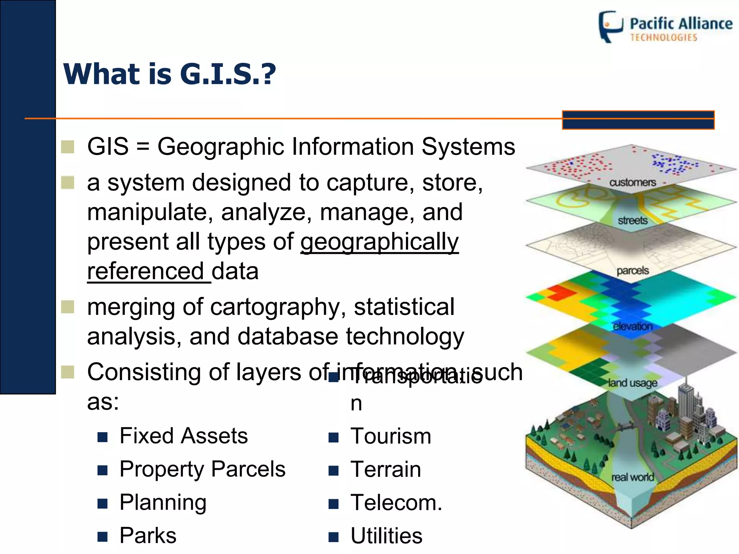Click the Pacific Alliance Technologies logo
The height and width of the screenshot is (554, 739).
665,27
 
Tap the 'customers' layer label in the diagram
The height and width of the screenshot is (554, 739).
633,183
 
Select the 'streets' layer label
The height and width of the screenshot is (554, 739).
633,220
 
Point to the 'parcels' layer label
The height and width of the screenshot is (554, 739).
633,271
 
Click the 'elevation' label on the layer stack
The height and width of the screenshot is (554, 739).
633,326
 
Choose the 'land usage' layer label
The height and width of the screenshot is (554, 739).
633,383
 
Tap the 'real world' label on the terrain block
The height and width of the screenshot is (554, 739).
633,477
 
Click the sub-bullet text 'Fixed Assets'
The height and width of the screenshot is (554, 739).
184,436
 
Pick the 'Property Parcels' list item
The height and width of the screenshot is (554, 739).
202,469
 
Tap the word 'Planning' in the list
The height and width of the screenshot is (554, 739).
163,502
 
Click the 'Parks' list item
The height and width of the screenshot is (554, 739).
148,536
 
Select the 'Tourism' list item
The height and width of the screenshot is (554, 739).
391,436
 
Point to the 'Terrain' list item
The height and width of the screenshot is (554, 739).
386,469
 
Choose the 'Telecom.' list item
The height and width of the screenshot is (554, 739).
396,502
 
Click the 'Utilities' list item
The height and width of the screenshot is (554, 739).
386,536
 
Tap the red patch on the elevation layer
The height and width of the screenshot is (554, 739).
560,292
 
